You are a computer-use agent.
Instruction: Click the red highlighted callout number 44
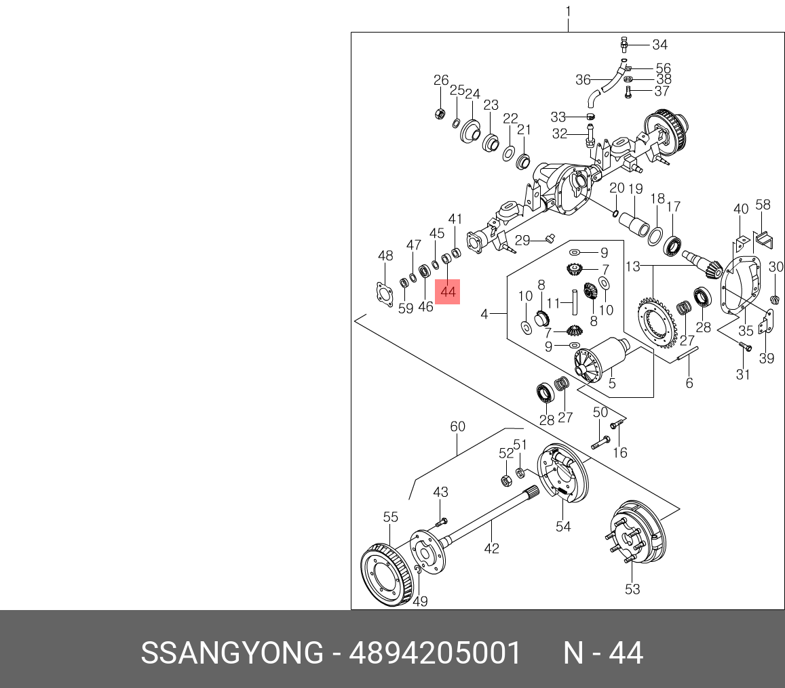(x=447, y=291)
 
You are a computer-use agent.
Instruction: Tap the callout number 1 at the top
(x=568, y=12)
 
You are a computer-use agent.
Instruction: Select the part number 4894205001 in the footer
(x=435, y=653)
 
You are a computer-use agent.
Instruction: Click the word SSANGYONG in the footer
(x=231, y=653)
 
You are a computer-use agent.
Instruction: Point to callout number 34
(x=659, y=45)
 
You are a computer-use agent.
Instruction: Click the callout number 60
(x=458, y=426)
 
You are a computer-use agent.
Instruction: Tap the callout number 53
(x=632, y=589)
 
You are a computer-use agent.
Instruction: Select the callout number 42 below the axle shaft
(x=491, y=548)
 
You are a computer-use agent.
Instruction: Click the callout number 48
(x=385, y=256)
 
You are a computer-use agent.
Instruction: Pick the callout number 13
(x=632, y=267)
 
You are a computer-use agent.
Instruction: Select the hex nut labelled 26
(x=440, y=114)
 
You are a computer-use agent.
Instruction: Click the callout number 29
(x=522, y=240)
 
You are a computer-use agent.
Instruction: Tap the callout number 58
(x=763, y=204)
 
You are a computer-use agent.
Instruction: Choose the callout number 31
(x=743, y=374)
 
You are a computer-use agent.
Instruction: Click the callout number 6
(x=689, y=383)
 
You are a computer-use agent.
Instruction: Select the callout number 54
(x=563, y=526)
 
